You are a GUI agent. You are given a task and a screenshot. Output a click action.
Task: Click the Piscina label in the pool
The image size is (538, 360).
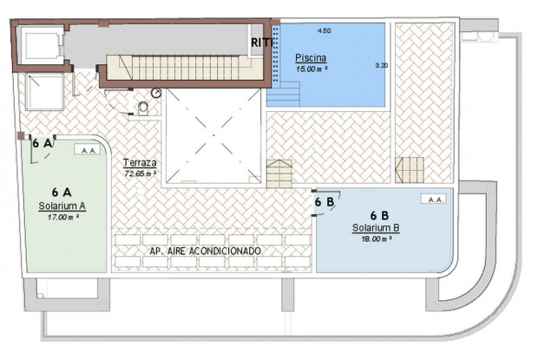(x=311, y=58)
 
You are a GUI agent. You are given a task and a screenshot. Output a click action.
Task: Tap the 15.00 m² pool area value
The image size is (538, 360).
(x=312, y=69)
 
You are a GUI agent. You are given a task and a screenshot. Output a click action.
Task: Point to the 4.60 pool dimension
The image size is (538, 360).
(x=325, y=31)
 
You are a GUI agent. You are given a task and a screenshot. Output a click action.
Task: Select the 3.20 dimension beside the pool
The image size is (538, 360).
(x=382, y=65)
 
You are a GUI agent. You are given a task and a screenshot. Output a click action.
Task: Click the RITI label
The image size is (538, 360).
(x=262, y=43)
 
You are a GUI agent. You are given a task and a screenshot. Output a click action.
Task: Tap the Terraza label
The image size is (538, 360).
(x=140, y=162)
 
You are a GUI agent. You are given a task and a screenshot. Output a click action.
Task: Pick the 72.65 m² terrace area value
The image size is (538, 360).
(x=141, y=173)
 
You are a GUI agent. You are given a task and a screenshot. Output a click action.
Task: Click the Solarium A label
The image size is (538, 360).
(x=62, y=206)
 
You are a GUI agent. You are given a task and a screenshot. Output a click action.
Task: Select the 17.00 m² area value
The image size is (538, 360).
(x=63, y=217)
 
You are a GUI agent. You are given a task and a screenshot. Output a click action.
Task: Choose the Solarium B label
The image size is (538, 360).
(x=376, y=228)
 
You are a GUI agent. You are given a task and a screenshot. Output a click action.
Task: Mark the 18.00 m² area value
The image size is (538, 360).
(x=377, y=239)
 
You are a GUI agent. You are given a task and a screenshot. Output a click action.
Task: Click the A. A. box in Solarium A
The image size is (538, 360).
(x=87, y=150)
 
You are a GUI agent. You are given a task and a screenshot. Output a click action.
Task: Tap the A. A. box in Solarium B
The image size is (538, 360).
(x=434, y=200)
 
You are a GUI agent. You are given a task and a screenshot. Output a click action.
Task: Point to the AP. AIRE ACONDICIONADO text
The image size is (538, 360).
(x=205, y=251)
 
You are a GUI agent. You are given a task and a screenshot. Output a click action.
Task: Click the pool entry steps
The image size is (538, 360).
(x=284, y=94)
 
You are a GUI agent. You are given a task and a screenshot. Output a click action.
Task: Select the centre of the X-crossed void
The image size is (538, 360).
(x=213, y=135)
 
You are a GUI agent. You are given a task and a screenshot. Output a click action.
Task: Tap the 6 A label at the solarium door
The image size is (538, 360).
(x=42, y=143)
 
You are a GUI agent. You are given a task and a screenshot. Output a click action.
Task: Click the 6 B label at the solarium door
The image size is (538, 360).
(x=325, y=202)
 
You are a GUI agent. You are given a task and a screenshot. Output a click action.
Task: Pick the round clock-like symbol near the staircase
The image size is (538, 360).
(x=156, y=93)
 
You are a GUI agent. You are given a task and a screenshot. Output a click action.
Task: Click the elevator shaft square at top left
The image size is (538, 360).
(x=41, y=44)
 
